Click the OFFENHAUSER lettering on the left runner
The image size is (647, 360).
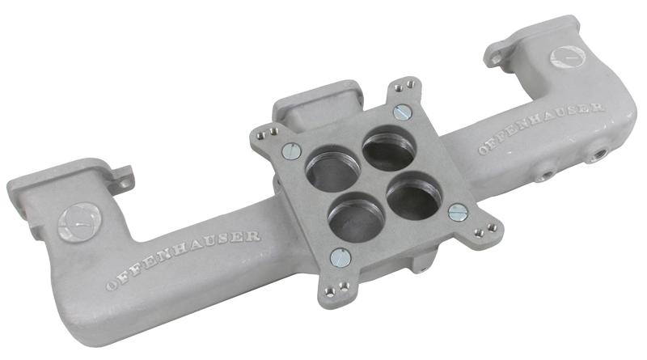(184, 260)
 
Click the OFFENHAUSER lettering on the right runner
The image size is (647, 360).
(541, 128)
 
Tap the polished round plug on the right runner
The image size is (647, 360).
(568, 57)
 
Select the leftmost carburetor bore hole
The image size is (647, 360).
(332, 172)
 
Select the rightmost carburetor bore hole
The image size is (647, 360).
(414, 195)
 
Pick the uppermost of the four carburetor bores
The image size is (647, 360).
(389, 147)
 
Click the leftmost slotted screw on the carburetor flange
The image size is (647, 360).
(292, 150)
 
